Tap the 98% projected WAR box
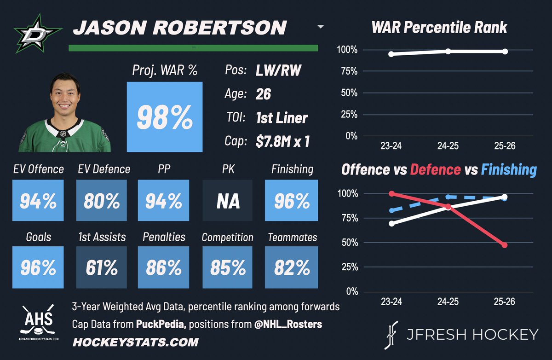164,117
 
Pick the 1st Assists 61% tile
101,267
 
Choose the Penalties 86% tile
164,267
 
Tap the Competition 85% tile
227,267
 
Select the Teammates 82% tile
292,267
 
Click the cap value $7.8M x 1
282,141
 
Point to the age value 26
263,94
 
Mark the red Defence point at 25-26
505,245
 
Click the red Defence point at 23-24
391,194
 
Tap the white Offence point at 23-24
391,223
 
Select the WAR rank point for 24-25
448,51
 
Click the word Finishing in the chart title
509,169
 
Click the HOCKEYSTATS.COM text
136,342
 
